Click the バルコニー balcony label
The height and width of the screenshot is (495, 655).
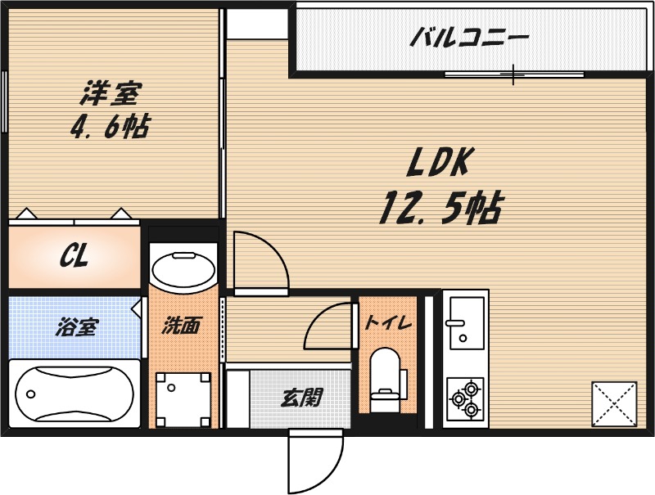tap(469, 37)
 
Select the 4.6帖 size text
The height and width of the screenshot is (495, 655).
tap(110, 127)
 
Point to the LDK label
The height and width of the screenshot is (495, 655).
tap(438, 164)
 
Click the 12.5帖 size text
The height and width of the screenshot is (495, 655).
tap(440, 209)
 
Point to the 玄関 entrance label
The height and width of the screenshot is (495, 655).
tap(301, 398)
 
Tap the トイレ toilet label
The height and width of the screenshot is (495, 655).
tap(388, 322)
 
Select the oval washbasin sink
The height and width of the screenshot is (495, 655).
tap(183, 270)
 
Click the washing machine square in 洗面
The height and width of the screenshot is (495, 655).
tap(183, 398)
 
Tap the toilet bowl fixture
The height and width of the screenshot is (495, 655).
tap(384, 376)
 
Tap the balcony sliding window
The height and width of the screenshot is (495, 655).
tap(514, 75)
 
